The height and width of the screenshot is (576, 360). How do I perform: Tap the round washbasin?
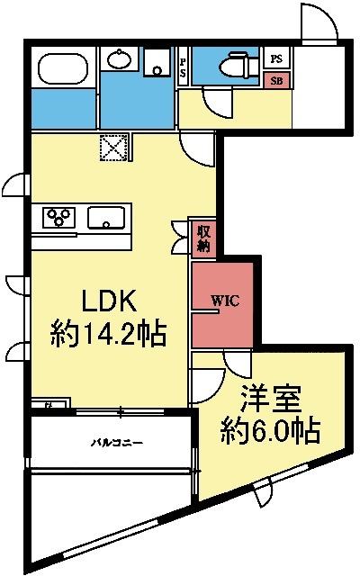point(119,61)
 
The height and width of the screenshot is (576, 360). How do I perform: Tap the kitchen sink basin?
point(108,217)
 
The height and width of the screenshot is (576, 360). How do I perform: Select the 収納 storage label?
point(203,237)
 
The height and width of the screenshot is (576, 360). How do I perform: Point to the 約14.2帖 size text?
point(108,336)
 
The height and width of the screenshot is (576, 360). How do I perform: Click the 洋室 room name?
point(270,397)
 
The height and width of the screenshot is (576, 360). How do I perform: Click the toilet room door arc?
point(217,101)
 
